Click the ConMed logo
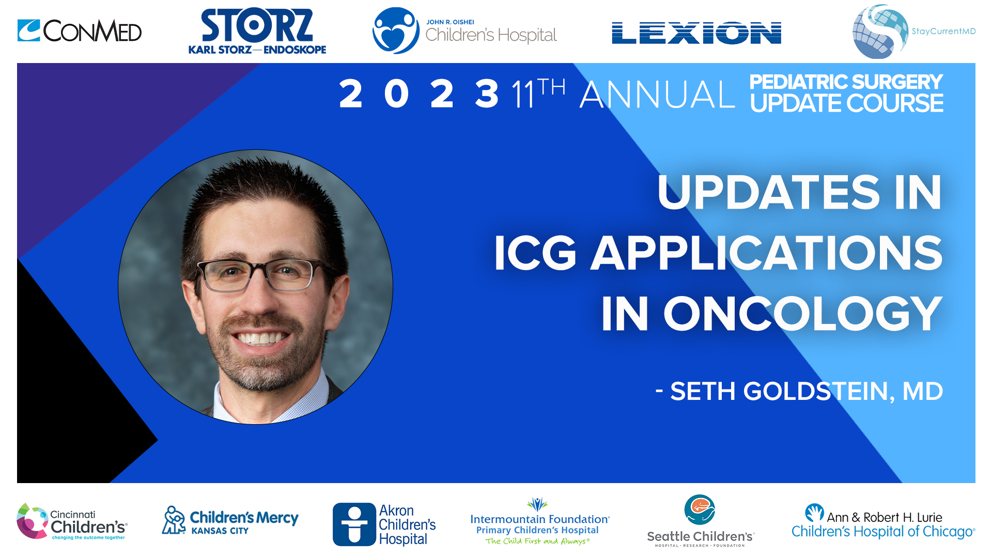[x=80, y=31]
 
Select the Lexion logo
[x=696, y=33]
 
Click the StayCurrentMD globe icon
[x=880, y=32]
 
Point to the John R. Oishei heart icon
[x=396, y=31]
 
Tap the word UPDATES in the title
[x=768, y=192]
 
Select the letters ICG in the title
[x=535, y=253]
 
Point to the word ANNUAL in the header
[x=657, y=95]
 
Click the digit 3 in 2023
[x=487, y=94]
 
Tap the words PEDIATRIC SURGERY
[x=846, y=82]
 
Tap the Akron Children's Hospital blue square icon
[x=354, y=524]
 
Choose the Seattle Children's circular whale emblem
[x=699, y=510]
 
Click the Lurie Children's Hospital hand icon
[x=814, y=513]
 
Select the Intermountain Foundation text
[x=539, y=519]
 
